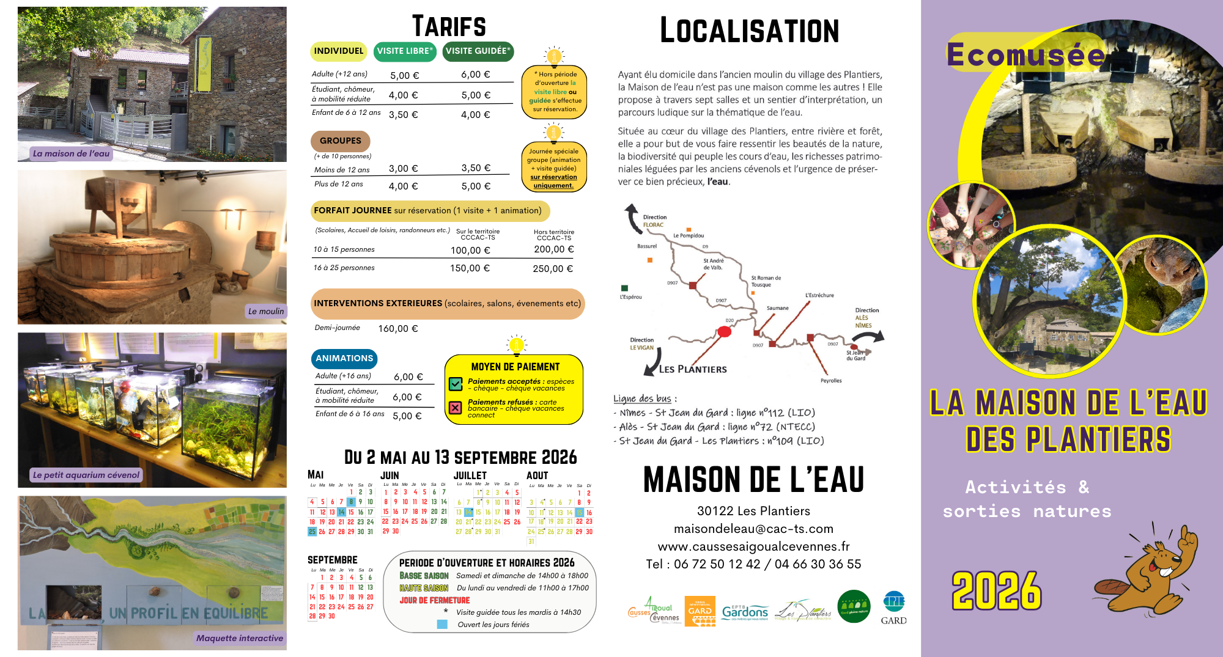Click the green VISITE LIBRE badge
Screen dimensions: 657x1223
(x=404, y=51)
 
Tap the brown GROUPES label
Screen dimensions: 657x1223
(x=340, y=141)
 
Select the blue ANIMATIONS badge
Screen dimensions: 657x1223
(x=344, y=359)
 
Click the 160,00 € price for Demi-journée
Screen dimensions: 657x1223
(x=397, y=329)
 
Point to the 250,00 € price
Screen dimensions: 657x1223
(x=552, y=269)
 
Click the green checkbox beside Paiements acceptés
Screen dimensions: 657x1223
(x=456, y=384)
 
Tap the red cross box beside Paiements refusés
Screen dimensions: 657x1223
(x=456, y=408)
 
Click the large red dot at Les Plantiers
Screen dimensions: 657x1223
(x=724, y=332)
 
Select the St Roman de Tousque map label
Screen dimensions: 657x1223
(x=766, y=281)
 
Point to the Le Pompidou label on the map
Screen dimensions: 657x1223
(x=689, y=235)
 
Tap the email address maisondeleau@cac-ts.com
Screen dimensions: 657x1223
(x=753, y=529)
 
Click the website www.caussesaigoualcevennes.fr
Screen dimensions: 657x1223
(x=753, y=546)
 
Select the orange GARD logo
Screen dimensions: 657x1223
(x=700, y=611)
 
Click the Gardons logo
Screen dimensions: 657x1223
(x=744, y=611)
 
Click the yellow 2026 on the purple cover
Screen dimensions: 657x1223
(x=996, y=590)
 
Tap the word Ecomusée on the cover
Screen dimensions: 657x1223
(x=1025, y=55)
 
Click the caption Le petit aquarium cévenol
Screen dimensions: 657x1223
(x=86, y=475)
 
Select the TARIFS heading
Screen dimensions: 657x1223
(x=449, y=27)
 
